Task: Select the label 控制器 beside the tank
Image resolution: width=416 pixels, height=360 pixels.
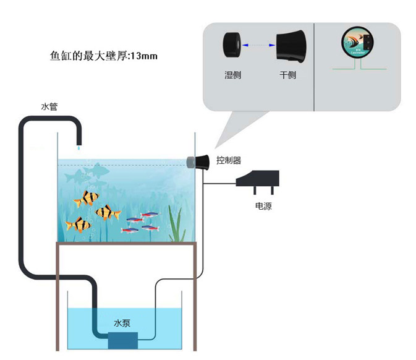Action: pos(229,161)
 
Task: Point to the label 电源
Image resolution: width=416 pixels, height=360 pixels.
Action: pos(263,207)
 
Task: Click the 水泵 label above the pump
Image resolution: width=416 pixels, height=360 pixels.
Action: pos(122,324)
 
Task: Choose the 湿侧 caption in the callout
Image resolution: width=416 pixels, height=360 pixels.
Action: pos(233,75)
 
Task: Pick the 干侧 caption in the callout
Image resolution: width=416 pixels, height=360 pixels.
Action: pos(288,75)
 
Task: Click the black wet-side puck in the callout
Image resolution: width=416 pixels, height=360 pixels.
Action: pos(233,45)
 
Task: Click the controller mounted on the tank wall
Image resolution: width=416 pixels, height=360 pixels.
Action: pos(197,162)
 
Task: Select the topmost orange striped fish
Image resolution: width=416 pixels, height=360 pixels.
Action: pos(87,199)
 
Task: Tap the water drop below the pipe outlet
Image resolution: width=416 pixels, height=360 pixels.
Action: pos(79,148)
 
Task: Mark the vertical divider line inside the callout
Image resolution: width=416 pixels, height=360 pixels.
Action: pos(315,66)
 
